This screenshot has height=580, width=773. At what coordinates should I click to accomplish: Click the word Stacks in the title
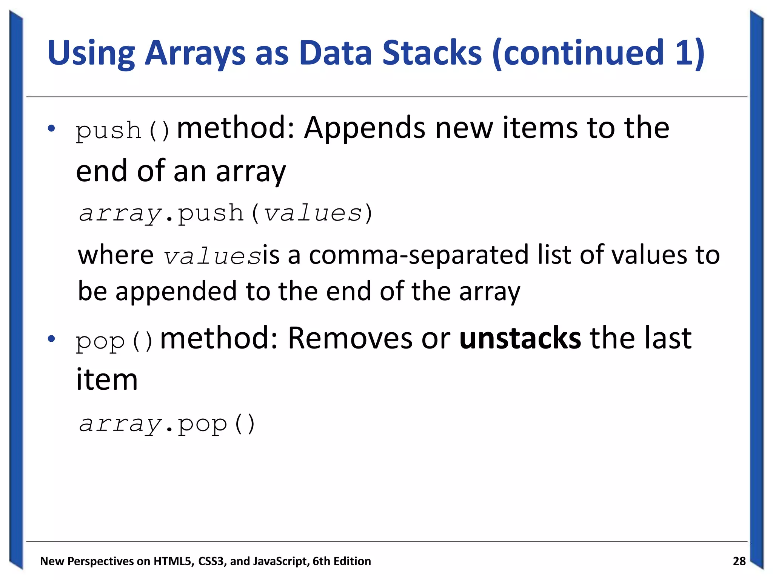point(432,52)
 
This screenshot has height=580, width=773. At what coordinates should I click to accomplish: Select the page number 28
point(739,561)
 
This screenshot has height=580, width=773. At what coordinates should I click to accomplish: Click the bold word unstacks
point(520,338)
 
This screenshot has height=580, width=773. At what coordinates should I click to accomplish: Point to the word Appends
point(365,128)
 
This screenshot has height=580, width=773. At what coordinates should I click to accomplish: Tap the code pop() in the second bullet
point(114,341)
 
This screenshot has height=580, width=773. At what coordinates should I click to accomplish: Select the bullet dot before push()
point(52,128)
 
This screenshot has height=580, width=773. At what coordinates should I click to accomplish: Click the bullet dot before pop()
point(52,339)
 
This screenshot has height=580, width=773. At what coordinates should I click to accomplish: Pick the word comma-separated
point(419,255)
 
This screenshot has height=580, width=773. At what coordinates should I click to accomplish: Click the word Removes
point(350,338)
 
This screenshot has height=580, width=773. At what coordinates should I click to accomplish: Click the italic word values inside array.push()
point(313,213)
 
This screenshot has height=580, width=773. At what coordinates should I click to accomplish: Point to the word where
point(115,255)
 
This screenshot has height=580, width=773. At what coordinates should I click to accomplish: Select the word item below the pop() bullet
point(107,379)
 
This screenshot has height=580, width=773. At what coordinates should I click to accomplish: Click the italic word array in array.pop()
point(120,424)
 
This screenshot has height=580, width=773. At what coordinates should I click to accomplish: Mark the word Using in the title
point(91,52)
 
